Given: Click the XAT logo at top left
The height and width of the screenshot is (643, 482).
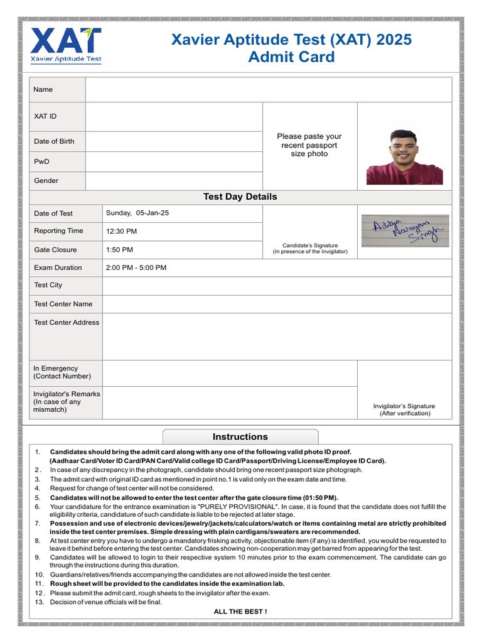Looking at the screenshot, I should tap(66, 45).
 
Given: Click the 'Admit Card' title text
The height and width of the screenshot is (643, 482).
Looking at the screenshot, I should tap(292, 57).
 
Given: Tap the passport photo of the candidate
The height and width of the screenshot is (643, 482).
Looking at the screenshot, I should tap(404, 157).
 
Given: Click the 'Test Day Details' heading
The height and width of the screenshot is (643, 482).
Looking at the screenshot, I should tap(240, 197).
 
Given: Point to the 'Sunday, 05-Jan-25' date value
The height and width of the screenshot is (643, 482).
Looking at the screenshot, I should tap(137, 213).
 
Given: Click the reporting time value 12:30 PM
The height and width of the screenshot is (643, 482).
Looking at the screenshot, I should tap(121, 231).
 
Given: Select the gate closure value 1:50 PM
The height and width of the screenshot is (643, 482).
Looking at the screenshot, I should tap(119, 249).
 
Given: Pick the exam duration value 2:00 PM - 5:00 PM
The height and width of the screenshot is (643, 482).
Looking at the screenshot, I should tap(136, 267).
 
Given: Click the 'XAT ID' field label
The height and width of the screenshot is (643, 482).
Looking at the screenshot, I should tap(45, 116).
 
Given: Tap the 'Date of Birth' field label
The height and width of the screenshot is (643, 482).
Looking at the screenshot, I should tap(54, 141).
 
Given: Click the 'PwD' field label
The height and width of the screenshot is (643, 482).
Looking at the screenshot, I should tap(41, 161).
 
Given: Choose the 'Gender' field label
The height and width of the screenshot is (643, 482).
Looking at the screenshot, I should tap(46, 181).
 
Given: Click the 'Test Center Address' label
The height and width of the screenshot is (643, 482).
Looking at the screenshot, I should tap(67, 322).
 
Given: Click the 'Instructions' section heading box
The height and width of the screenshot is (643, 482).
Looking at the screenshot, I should tap(240, 436).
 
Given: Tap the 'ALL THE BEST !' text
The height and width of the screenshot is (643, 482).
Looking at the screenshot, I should tap(240, 611).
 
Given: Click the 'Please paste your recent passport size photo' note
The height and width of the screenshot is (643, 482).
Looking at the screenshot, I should tap(309, 145).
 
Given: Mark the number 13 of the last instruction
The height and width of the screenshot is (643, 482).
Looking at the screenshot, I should tap(39, 602).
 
